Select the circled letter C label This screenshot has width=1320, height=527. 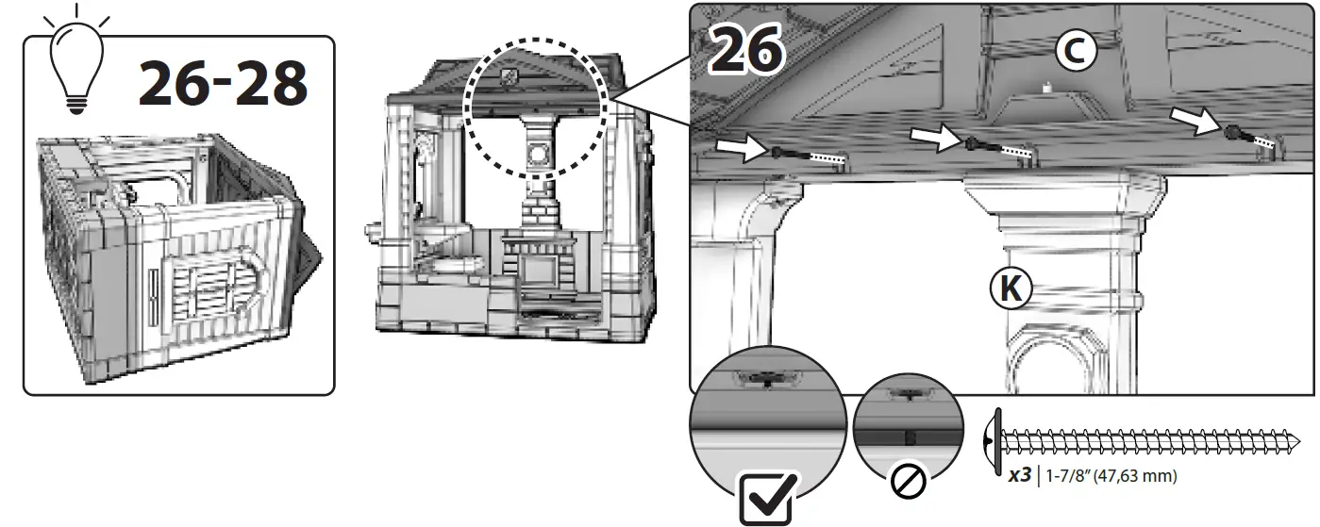pos(1075,52)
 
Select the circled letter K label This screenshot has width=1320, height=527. pos(1012,288)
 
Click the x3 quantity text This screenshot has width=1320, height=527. pos(1019,476)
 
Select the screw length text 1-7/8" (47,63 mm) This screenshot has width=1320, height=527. pos(1111,476)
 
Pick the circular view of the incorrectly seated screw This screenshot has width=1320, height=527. pos(908,415)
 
